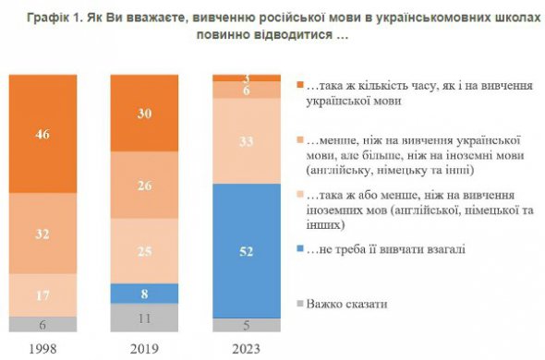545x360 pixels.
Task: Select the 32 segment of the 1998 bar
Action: pyautogui.click(x=42, y=234)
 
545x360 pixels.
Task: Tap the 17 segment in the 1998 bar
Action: pyautogui.click(x=42, y=296)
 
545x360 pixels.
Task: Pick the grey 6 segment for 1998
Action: pyautogui.click(x=42, y=324)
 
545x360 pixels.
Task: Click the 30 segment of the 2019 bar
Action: pyautogui.click(x=143, y=113)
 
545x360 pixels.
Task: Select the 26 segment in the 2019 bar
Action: pyautogui.click(x=143, y=185)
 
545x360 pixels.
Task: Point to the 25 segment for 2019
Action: pyautogui.click(x=143, y=250)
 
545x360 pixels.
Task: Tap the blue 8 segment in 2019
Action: pyautogui.click(x=143, y=292)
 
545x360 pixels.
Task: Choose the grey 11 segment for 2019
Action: pyautogui.click(x=143, y=317)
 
